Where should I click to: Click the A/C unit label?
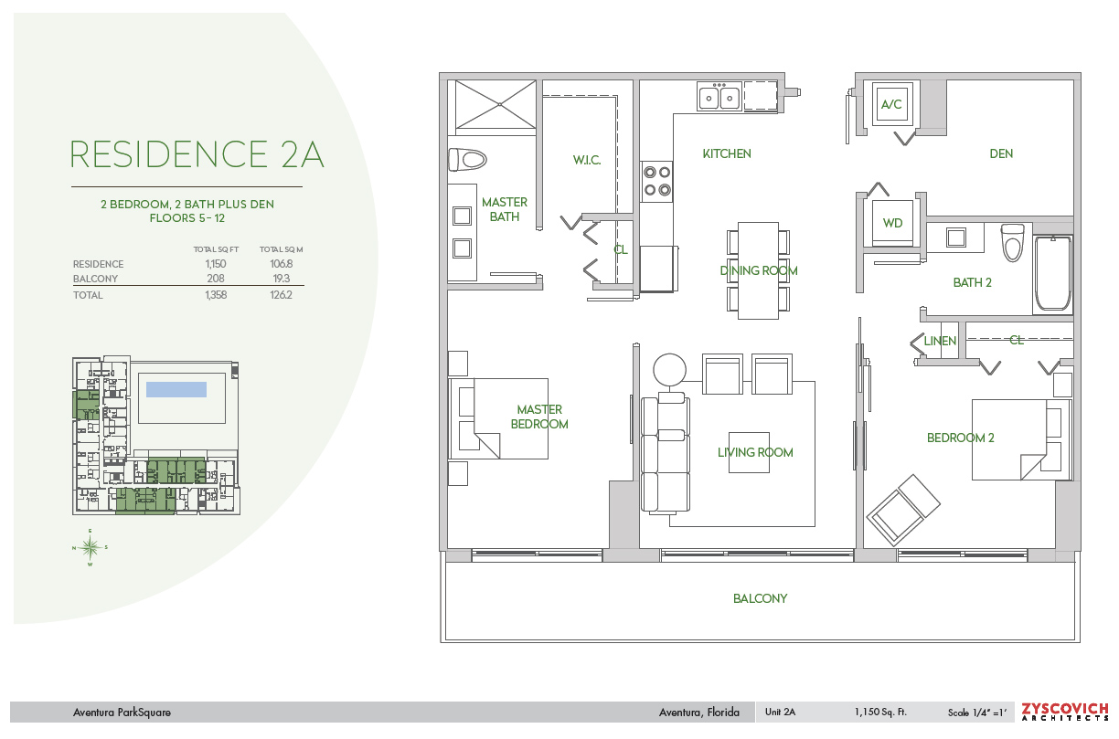891,104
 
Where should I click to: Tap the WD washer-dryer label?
892,223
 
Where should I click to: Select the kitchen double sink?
719,97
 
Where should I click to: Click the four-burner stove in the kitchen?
657,181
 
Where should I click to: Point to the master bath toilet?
467,160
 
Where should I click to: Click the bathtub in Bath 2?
1052,274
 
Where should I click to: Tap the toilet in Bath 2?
1013,243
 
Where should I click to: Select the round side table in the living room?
669,370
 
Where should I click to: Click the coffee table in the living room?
749,452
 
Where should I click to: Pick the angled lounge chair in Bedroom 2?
903,510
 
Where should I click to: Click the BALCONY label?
760,598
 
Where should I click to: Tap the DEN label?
1001,153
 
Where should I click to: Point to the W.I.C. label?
587,160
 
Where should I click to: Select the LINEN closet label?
940,341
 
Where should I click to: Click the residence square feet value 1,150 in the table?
216,264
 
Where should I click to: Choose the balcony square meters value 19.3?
282,279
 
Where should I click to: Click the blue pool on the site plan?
176,389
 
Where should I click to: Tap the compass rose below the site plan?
90,547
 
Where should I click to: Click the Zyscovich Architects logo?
1064,713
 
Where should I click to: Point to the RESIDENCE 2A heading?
197,154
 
